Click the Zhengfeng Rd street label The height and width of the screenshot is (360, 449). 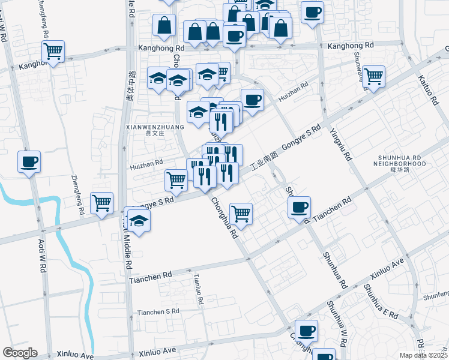(77, 194)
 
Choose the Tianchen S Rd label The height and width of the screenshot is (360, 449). (158, 312)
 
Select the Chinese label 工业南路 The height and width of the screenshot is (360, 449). (264, 162)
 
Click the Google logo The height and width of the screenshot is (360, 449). (20, 353)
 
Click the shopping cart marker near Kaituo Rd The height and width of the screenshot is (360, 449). (373, 76)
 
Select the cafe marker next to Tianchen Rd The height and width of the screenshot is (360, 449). (299, 208)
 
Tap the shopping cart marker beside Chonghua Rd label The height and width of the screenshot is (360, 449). (241, 213)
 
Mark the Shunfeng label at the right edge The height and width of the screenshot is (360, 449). (435, 293)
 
